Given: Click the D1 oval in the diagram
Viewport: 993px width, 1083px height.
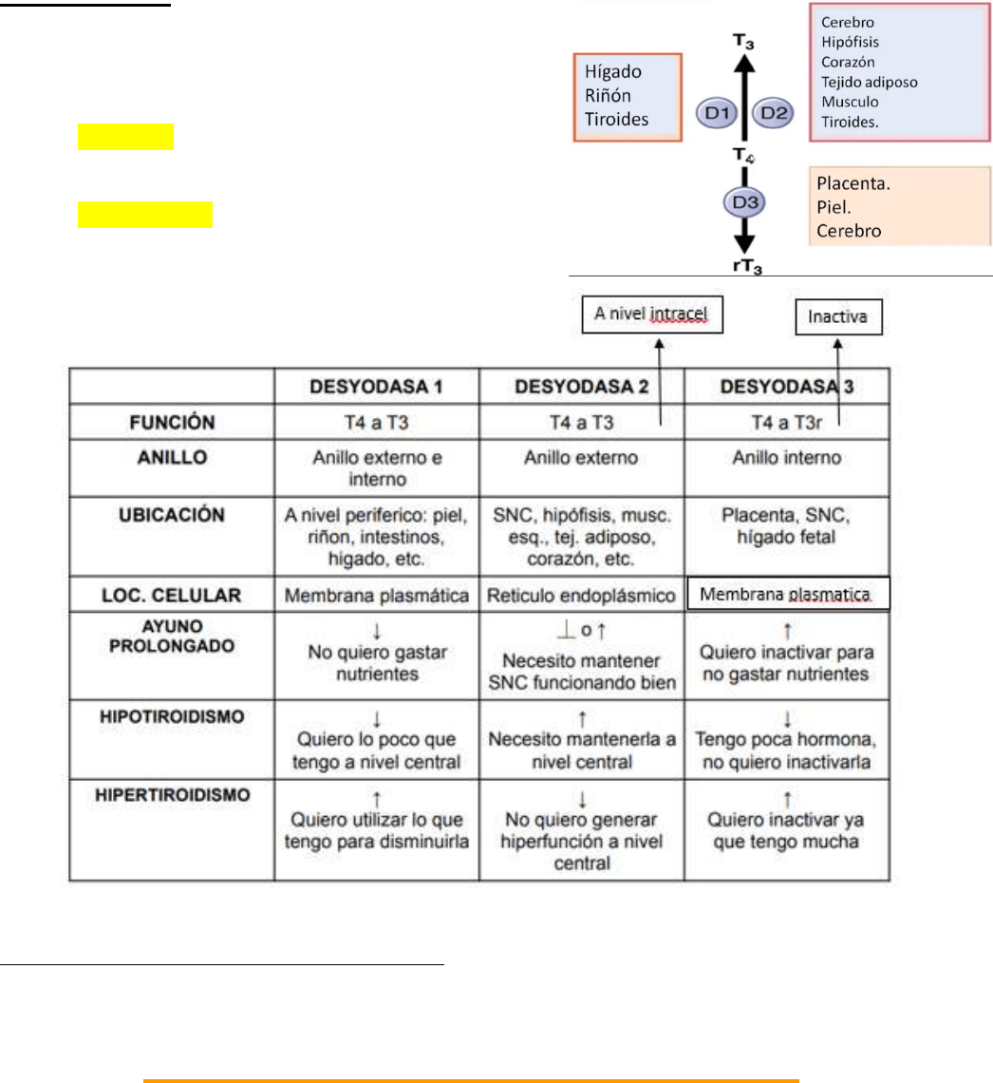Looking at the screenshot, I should (x=715, y=113).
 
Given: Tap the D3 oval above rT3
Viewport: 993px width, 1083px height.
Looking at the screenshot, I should (x=743, y=203).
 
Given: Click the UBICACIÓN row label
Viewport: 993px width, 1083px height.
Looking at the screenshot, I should (x=173, y=514).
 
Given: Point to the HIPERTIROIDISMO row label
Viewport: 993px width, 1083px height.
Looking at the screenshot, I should (x=173, y=794).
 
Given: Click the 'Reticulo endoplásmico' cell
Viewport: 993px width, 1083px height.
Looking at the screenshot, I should (x=582, y=596).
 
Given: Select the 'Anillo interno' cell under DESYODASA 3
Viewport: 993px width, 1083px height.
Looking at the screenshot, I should (x=787, y=458).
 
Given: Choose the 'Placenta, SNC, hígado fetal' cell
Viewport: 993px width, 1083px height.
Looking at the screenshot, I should (x=787, y=525).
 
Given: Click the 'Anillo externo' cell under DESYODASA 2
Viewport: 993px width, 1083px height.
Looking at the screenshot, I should (x=582, y=458).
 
